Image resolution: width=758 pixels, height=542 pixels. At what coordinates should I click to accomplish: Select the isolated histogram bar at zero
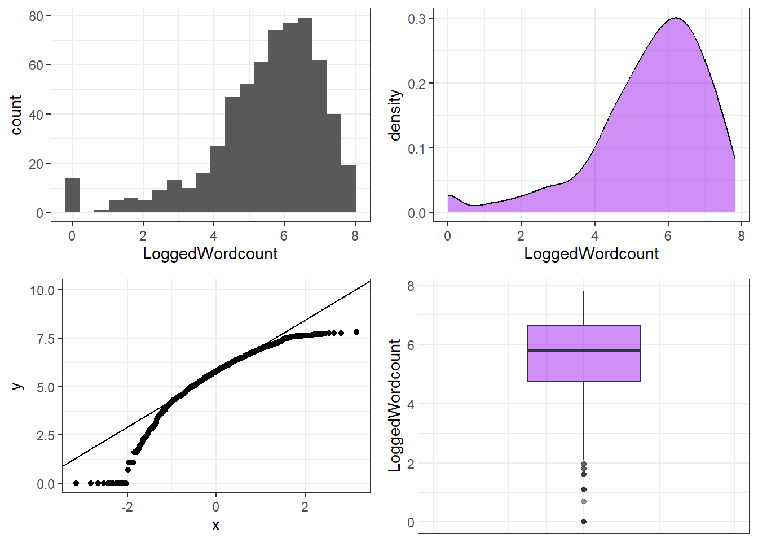72,195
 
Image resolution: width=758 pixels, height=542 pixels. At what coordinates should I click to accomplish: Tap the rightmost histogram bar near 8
349,189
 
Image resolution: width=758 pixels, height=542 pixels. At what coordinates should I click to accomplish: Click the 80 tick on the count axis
36,16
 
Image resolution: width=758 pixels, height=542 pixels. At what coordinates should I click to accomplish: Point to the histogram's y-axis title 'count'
16,115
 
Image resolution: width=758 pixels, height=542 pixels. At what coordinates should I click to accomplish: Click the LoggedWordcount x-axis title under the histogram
210,253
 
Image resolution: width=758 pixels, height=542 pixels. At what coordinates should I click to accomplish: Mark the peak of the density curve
676,18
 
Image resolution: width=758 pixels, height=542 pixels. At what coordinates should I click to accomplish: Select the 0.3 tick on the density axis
417,19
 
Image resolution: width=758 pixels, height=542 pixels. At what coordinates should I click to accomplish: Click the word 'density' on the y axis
395,115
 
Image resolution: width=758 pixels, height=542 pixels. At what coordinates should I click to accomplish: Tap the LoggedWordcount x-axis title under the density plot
591,253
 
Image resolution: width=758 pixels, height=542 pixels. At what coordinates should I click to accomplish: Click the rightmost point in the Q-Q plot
356,332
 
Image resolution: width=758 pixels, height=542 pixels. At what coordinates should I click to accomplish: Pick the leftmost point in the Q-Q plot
76,483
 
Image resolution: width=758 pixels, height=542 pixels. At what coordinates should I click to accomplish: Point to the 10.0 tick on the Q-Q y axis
42,290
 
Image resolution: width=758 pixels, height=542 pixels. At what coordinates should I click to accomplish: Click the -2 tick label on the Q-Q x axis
127,507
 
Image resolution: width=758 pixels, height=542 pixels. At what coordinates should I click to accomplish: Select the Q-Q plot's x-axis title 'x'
215,526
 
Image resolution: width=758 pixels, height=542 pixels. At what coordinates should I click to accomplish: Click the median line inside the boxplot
583,351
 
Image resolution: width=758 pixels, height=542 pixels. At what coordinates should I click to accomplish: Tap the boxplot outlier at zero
583,522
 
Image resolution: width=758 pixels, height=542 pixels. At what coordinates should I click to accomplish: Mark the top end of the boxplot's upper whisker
583,291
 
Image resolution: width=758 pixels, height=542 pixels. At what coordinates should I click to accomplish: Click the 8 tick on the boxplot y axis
411,286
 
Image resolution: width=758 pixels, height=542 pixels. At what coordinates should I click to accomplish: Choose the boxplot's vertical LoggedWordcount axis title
395,405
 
